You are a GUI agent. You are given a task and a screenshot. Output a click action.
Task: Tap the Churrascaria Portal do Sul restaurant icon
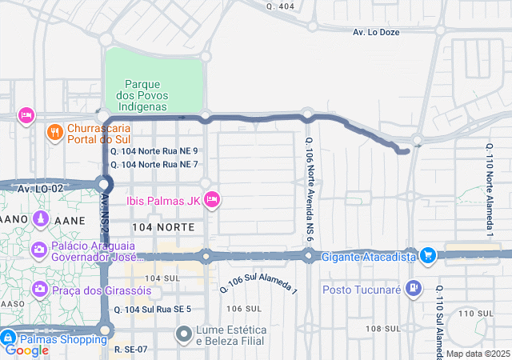[55, 133]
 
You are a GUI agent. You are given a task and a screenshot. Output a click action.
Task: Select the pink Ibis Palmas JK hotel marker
[212, 200]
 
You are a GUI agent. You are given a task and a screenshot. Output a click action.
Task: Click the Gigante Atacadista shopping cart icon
[428, 256]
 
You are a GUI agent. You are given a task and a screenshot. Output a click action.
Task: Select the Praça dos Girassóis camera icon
[38, 288]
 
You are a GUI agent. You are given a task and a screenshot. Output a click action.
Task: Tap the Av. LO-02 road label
[40, 188]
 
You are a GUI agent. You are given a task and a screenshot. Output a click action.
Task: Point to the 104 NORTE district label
[164, 228]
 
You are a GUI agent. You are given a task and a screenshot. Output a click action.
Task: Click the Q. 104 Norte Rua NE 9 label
[154, 150]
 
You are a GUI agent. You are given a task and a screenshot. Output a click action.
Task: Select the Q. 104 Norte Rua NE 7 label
[154, 164]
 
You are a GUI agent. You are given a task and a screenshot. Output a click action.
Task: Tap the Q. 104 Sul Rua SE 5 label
[153, 309]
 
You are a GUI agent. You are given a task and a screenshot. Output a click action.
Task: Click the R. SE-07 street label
[130, 349]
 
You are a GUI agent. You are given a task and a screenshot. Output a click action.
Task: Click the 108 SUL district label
[382, 329]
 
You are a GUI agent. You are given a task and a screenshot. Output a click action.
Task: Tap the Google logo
[27, 350]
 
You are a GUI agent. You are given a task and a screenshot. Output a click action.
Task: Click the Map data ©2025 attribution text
[477, 354]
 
